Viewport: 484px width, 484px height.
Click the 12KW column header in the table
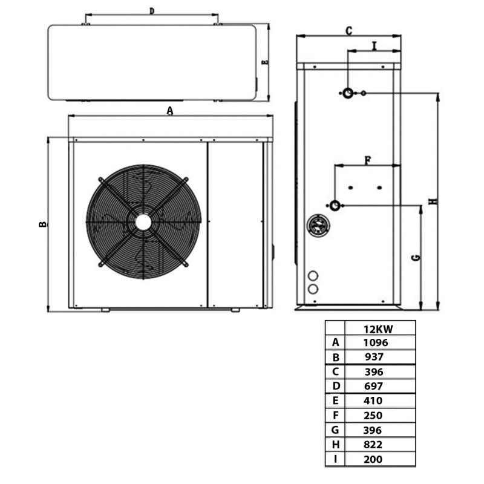coord(379,329)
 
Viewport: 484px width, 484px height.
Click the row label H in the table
coord(335,445)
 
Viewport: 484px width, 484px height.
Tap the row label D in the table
coord(335,386)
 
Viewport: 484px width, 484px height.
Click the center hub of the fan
coord(143,222)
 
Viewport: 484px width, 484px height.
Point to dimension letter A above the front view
coord(170,110)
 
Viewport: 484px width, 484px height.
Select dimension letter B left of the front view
coord(42,224)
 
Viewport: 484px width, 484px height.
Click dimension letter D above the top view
coord(152,11)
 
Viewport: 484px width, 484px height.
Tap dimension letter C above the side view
coord(348,30)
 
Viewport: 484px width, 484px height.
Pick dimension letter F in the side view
coord(367,160)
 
